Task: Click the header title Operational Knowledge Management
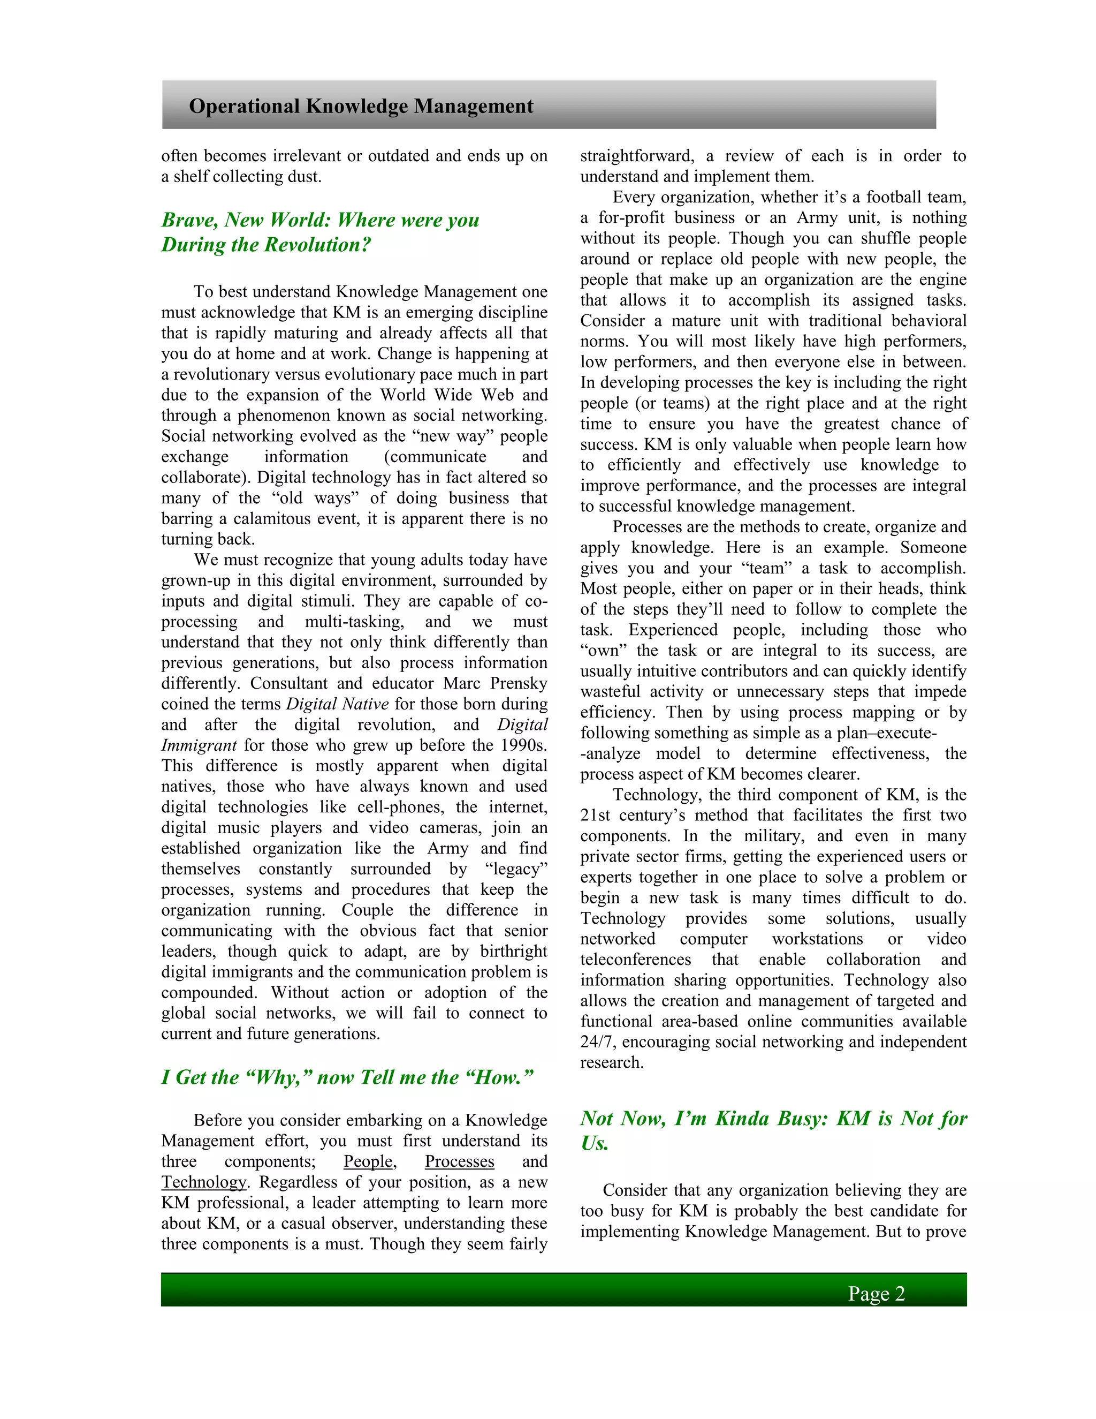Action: [x=361, y=106]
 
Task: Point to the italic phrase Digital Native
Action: [x=337, y=704]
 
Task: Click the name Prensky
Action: [x=520, y=683]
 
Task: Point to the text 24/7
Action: [x=596, y=1041]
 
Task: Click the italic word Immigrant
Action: [x=199, y=745]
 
